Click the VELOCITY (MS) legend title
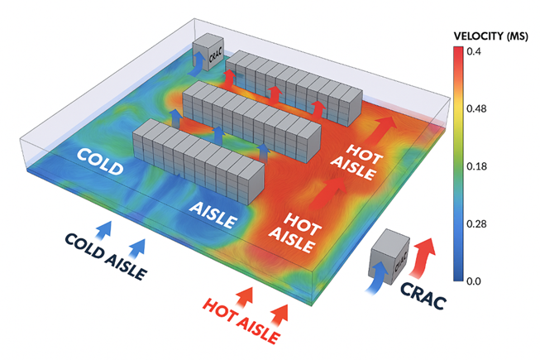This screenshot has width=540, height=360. point(490,36)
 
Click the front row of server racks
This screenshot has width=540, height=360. point(198,159)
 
